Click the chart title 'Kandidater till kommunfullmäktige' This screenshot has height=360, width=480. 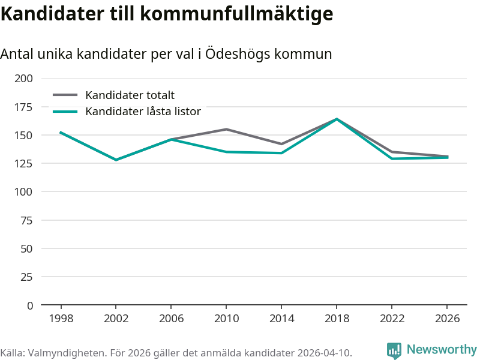pos(166,14)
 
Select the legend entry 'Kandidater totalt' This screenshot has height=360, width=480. pos(130,95)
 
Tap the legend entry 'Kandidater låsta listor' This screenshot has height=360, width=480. pos(143,112)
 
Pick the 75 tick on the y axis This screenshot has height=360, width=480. pos(26,220)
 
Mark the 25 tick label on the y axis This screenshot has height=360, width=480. pos(26,277)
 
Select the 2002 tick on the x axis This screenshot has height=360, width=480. pos(116,318)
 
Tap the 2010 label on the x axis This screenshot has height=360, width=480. pos(226,318)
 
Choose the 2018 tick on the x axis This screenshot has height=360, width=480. pos(337,318)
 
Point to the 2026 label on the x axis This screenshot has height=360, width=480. pos(447,318)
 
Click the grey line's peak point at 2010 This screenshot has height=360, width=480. pos(226,129)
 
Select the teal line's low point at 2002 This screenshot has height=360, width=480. pos(116,160)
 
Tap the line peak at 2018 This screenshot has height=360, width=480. pos(337,119)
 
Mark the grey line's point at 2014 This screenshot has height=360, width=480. pos(281,144)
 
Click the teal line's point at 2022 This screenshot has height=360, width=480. pos(392,158)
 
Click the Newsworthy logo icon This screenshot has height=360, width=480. pos(394,350)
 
